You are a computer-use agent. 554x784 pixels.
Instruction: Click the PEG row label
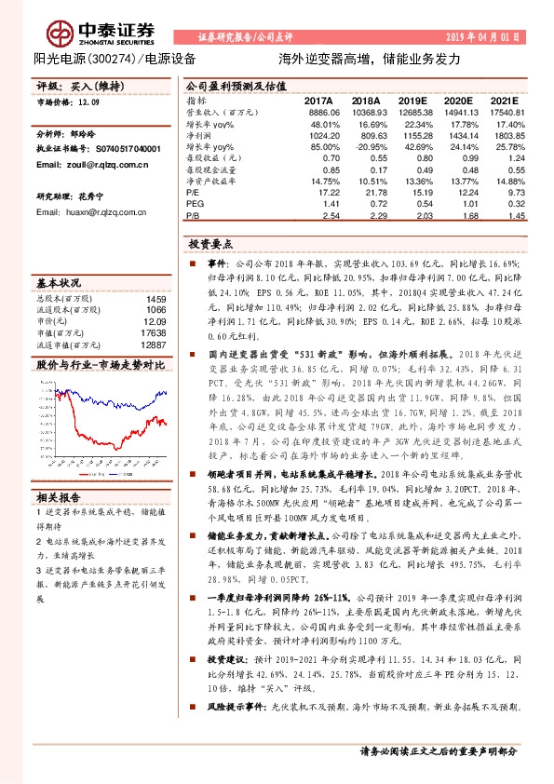click(194, 202)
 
